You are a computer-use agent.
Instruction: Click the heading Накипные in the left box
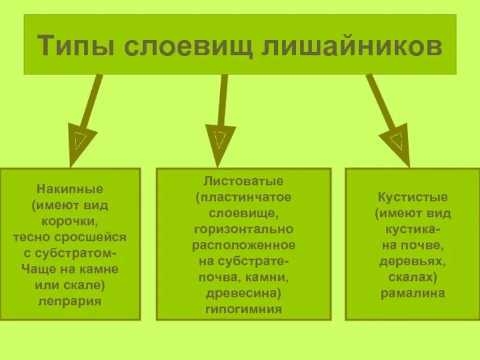[x=70, y=189]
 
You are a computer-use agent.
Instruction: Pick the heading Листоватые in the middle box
[x=244, y=181]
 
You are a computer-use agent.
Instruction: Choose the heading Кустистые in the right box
[x=413, y=197]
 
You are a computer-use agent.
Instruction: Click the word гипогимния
[x=244, y=310]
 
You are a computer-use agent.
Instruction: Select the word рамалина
[x=413, y=293]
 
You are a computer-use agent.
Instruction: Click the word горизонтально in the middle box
[x=244, y=229]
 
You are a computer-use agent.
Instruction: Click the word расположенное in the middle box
[x=244, y=245]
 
